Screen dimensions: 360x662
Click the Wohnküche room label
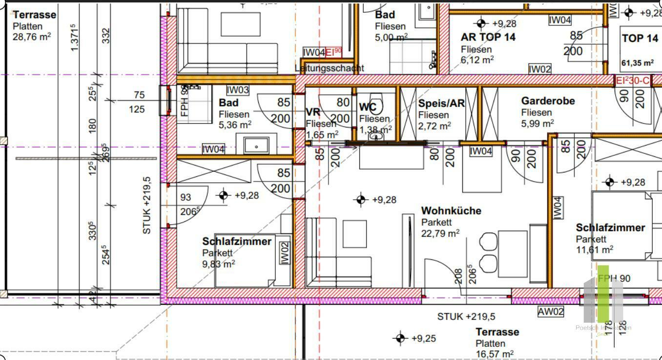click(x=451, y=211)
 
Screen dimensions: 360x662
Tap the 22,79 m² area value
click(x=440, y=233)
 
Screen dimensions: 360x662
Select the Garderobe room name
click(x=548, y=101)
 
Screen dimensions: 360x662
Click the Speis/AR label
click(x=441, y=104)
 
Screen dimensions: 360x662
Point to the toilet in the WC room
click(x=376, y=104)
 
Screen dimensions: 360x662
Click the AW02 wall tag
click(x=551, y=312)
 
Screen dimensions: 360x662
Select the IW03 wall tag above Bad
click(x=238, y=90)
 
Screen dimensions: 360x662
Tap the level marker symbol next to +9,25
click(x=400, y=338)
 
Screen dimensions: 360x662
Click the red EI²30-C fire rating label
click(x=633, y=81)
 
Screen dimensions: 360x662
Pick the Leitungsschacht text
click(x=330, y=68)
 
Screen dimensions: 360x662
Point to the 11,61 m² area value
click(x=594, y=250)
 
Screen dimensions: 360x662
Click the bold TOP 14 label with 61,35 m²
click(x=640, y=39)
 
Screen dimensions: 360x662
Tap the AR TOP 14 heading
click(x=488, y=37)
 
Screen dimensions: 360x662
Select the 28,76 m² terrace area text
click(x=32, y=36)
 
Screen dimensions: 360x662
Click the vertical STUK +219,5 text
click(x=147, y=205)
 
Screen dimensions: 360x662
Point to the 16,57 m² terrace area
click(x=494, y=354)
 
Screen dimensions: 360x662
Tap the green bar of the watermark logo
click(x=603, y=293)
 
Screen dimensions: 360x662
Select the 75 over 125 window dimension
click(x=139, y=102)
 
